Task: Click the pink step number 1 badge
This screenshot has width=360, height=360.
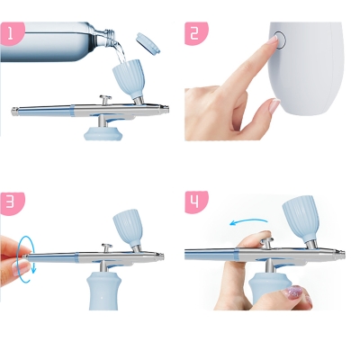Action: pyautogui.click(x=12, y=33)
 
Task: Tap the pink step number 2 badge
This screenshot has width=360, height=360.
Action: pyautogui.click(x=195, y=33)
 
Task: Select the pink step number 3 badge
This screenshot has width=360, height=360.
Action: pyautogui.click(x=12, y=202)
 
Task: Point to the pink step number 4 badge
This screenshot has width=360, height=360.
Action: pyautogui.click(x=195, y=202)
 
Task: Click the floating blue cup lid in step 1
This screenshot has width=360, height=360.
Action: pyautogui.click(x=148, y=43)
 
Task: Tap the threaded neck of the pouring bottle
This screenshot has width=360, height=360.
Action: pyautogui.click(x=108, y=34)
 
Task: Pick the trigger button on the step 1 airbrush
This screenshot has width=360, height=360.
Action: pyautogui.click(x=105, y=100)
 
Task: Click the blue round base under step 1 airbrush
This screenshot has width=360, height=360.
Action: pyautogui.click(x=103, y=133)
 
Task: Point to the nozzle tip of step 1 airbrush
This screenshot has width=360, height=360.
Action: pyautogui.click(x=166, y=109)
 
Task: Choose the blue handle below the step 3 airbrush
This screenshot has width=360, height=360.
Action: pyautogui.click(x=103, y=291)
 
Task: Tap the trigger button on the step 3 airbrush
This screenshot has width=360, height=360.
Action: pyautogui.click(x=106, y=248)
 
